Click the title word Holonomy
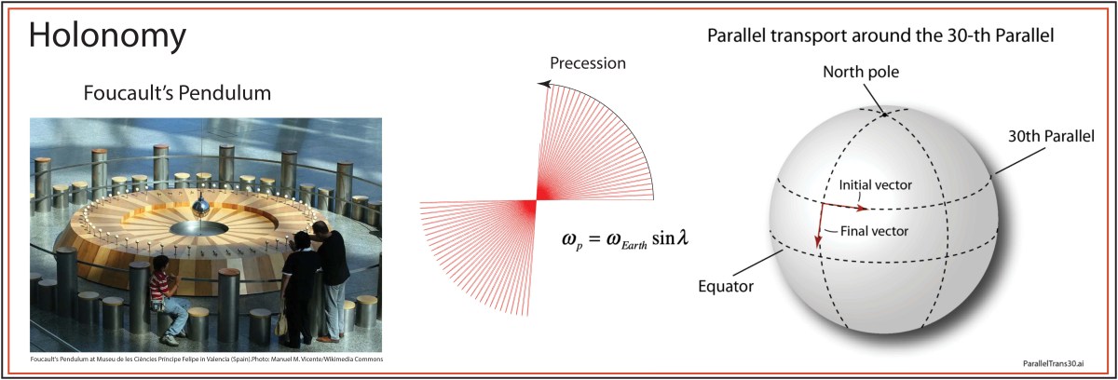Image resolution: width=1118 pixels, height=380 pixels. coord(107,36)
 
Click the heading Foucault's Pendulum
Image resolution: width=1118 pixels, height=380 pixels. coord(177,94)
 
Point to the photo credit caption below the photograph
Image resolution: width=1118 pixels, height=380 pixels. coord(205,359)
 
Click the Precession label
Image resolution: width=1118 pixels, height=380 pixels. coord(587,63)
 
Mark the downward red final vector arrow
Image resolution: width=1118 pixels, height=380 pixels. coord(819,227)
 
